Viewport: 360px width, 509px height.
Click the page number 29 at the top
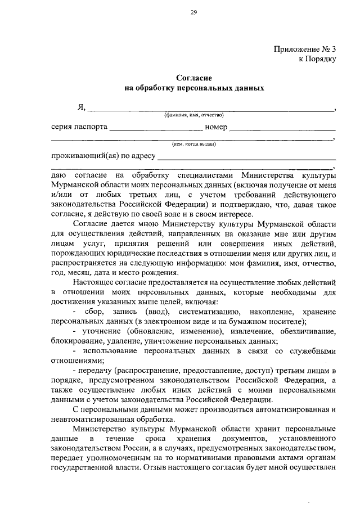point(193,13)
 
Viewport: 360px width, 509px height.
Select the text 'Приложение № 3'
point(305,49)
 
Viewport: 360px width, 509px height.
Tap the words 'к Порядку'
point(318,59)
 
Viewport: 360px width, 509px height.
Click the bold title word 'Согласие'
point(193,78)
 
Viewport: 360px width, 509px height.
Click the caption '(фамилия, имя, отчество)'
point(194,115)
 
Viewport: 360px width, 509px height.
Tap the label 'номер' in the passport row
point(216,127)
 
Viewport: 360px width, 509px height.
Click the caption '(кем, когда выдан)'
point(194,143)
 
